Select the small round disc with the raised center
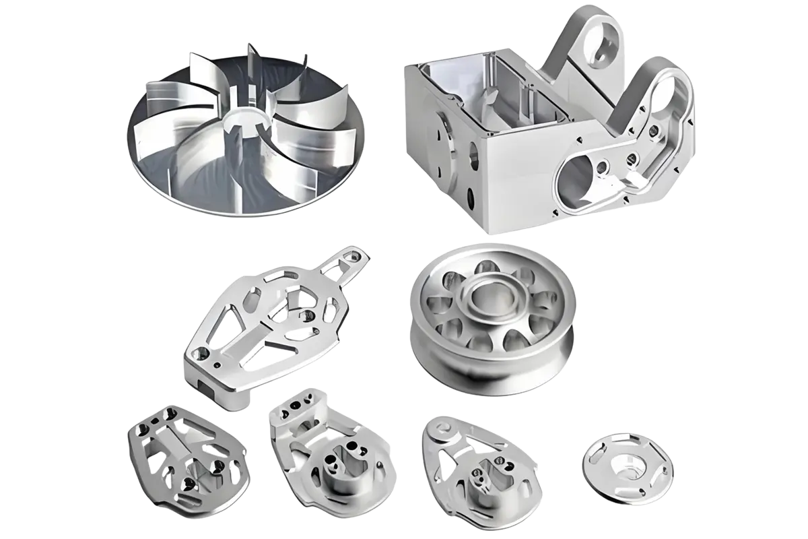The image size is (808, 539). pyautogui.click(x=627, y=468)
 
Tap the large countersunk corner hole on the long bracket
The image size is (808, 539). pyautogui.click(x=198, y=352)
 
